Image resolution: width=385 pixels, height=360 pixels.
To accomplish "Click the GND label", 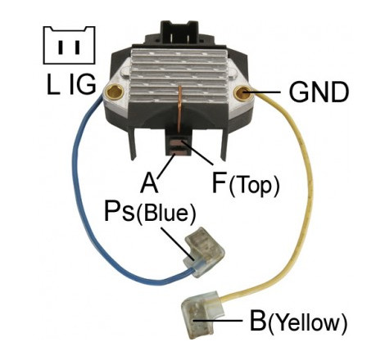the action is click(x=319, y=92).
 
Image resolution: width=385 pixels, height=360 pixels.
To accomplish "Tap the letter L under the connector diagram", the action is click(x=53, y=84).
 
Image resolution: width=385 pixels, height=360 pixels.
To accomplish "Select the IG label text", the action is click(x=83, y=84).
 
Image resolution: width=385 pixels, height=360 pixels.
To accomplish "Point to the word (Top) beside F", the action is click(x=255, y=187).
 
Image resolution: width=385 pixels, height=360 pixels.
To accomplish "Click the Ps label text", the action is click(x=120, y=211).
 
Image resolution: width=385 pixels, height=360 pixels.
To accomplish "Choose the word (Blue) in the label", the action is click(x=166, y=213).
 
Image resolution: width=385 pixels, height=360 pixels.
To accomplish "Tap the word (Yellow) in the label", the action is click(x=308, y=324).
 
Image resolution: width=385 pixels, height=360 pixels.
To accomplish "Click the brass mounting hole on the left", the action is click(x=115, y=92).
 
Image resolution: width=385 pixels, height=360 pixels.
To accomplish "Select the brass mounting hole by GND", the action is click(x=242, y=92).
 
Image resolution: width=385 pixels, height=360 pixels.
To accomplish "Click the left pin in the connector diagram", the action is click(x=61, y=47).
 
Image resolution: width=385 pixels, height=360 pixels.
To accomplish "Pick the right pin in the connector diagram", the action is click(x=77, y=47).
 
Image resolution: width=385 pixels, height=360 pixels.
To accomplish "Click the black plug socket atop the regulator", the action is click(x=175, y=32).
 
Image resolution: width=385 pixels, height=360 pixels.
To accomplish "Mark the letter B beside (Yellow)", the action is click(x=258, y=321).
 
